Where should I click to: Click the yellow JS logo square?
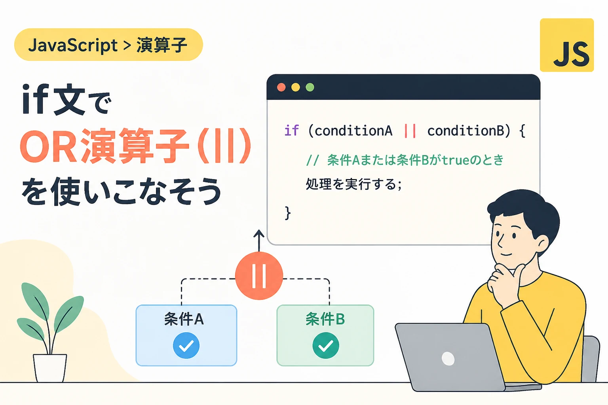click(567, 45)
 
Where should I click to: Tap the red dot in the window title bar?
click(281, 87)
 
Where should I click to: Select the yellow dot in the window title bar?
click(296, 87)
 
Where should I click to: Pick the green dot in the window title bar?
click(310, 87)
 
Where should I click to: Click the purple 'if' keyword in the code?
click(291, 131)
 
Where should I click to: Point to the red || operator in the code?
click(410, 131)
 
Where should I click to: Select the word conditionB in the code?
click(466, 131)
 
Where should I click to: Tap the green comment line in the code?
click(405, 160)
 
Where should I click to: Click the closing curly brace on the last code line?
click(288, 213)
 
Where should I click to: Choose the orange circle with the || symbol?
click(259, 276)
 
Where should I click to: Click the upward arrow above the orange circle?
click(259, 240)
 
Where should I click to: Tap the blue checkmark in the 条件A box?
click(186, 346)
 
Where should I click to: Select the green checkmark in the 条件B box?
click(325, 346)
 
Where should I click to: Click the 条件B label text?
click(325, 319)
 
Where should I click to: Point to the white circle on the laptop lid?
click(448, 359)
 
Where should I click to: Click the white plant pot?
click(50, 368)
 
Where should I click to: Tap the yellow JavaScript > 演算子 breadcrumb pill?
click(108, 44)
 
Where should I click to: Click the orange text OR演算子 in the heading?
click(104, 146)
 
